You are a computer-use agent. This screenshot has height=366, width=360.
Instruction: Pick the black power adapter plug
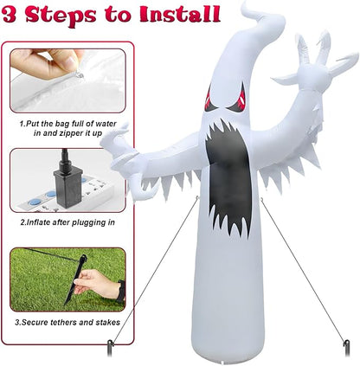point(64,181)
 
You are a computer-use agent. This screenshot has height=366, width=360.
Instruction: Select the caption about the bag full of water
point(67,128)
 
